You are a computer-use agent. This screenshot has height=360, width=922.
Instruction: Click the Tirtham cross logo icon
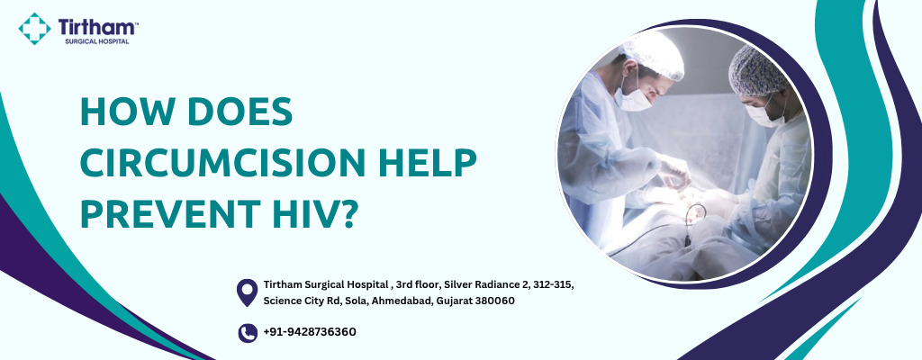click(x=35, y=28)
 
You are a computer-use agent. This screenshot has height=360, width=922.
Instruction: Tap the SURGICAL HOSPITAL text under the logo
click(x=97, y=41)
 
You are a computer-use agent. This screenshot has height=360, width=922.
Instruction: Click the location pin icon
click(x=247, y=292)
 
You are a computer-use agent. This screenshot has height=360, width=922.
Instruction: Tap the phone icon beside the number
click(x=248, y=333)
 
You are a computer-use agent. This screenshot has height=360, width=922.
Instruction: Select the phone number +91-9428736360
click(x=310, y=332)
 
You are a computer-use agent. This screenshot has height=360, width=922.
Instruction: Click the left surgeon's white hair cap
click(x=654, y=55)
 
